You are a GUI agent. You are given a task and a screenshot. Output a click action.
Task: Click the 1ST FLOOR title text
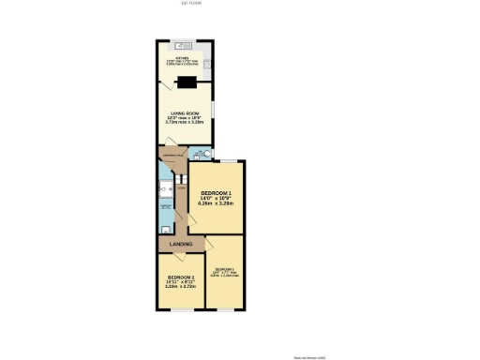191,3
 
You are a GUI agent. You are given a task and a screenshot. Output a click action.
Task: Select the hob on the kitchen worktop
208,63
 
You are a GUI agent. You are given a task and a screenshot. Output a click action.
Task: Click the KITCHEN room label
181,56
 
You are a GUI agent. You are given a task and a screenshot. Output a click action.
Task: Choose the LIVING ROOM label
185,112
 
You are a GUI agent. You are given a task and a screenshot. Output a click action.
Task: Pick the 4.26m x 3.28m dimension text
215,203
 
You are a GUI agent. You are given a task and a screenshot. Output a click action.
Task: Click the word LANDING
182,245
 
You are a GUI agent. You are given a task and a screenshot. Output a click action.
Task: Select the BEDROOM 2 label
181,277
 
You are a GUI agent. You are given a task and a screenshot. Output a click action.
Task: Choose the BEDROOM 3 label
224,271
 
